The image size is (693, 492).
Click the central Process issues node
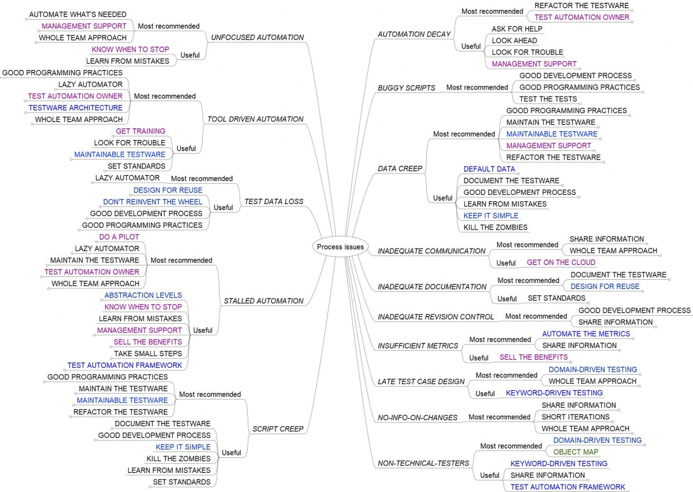340,247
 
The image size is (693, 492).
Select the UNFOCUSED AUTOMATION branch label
258,38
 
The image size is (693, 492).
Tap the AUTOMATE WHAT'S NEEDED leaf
77,14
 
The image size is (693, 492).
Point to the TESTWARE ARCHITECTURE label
76,108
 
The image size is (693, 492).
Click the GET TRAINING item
140,131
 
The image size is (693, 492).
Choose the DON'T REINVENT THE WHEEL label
152,202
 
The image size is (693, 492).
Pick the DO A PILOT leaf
119,237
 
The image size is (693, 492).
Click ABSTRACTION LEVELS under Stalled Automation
143,295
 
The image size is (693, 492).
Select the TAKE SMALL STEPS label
148,354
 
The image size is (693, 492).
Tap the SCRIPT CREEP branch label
278,429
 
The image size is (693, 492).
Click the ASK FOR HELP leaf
517,29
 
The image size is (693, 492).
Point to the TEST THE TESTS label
548,99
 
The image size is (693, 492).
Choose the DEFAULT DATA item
489,169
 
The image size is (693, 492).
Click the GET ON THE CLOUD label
561,262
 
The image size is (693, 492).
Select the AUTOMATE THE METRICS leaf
586,334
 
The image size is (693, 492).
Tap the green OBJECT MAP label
575,452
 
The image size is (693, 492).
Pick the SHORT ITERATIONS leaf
575,417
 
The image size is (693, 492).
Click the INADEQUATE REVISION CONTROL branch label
435,317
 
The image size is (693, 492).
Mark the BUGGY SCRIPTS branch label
406,88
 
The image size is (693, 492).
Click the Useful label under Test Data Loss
223,208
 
